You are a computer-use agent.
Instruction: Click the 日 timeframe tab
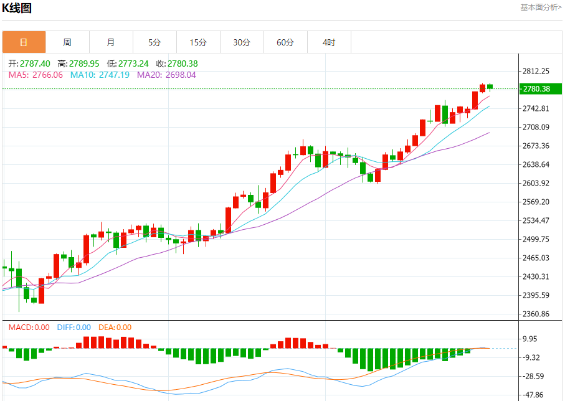pyautogui.click(x=24, y=42)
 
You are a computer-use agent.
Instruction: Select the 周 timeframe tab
pyautogui.click(x=67, y=42)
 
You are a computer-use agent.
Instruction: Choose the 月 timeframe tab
pyautogui.click(x=111, y=42)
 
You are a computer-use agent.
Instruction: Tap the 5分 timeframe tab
pyautogui.click(x=154, y=42)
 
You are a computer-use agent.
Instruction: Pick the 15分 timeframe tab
pyautogui.click(x=198, y=42)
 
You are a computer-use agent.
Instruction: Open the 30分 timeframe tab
pyautogui.click(x=242, y=42)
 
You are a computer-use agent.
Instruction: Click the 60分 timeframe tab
pyautogui.click(x=285, y=42)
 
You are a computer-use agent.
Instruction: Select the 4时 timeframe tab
pyautogui.click(x=329, y=42)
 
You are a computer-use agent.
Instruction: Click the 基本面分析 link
pyautogui.click(x=540, y=7)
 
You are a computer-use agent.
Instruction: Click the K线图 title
pyautogui.click(x=17, y=8)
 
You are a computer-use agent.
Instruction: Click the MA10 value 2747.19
pyautogui.click(x=108, y=75)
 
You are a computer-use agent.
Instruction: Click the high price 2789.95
pyautogui.click(x=84, y=64)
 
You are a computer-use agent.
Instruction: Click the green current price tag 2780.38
pyautogui.click(x=537, y=89)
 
